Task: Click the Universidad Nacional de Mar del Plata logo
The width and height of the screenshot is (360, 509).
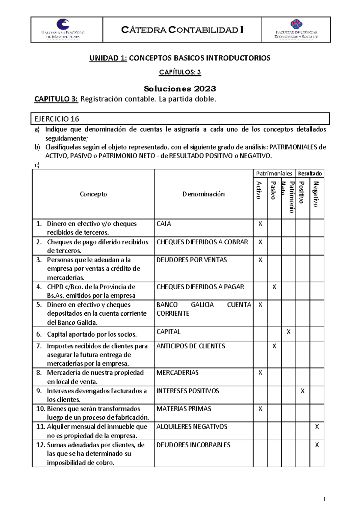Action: coord(63,29)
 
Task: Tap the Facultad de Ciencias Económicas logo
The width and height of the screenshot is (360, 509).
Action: coord(296,29)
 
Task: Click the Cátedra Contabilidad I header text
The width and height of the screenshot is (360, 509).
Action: coord(182,30)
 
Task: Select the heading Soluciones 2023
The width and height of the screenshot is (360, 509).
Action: coord(180,89)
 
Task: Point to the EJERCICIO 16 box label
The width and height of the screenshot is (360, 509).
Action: coord(57,119)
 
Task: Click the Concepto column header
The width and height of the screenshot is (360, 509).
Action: coord(93,194)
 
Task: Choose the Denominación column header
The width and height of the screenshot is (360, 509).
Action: coord(203,194)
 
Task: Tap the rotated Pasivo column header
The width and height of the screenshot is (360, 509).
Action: coord(273,191)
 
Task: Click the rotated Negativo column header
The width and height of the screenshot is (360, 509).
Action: coord(316,194)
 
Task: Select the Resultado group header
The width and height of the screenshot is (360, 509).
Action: coord(310,174)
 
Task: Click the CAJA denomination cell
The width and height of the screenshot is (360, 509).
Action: coord(164,224)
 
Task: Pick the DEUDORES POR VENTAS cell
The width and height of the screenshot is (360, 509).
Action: coord(191,260)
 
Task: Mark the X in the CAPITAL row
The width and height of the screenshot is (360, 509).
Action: coord(288,332)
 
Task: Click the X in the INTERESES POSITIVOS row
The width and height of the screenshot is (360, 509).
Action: coord(302,391)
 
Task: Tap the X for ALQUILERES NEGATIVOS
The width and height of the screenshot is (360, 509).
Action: coord(317,427)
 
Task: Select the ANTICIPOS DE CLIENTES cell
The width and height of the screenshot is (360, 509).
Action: coord(190,346)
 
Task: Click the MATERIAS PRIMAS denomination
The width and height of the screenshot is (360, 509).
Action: coord(184,409)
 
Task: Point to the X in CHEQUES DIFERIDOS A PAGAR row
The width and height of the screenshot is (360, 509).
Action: coord(274,287)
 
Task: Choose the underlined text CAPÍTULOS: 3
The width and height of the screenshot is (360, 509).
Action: coord(180,72)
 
